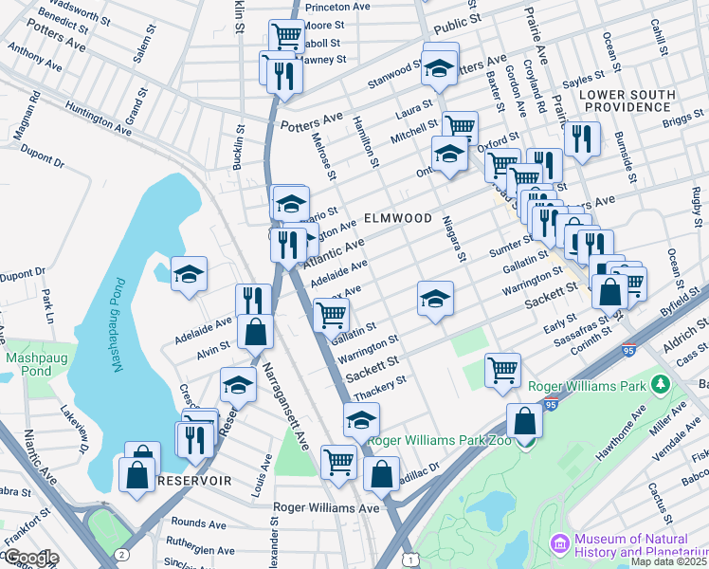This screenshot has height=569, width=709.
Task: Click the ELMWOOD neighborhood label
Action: (x=397, y=218)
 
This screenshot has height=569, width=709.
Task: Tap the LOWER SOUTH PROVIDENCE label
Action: (x=641, y=101)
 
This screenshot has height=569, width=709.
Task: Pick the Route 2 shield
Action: (x=121, y=552)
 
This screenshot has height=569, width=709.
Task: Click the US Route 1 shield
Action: (x=409, y=561)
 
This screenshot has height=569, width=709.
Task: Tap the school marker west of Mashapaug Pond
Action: (x=189, y=275)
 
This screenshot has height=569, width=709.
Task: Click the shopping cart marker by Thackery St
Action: (x=502, y=368)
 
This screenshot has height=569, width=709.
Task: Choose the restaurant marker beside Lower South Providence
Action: (x=582, y=138)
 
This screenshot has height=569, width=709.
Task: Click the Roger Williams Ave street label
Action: (x=325, y=507)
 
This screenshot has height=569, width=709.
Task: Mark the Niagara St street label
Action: (x=455, y=238)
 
